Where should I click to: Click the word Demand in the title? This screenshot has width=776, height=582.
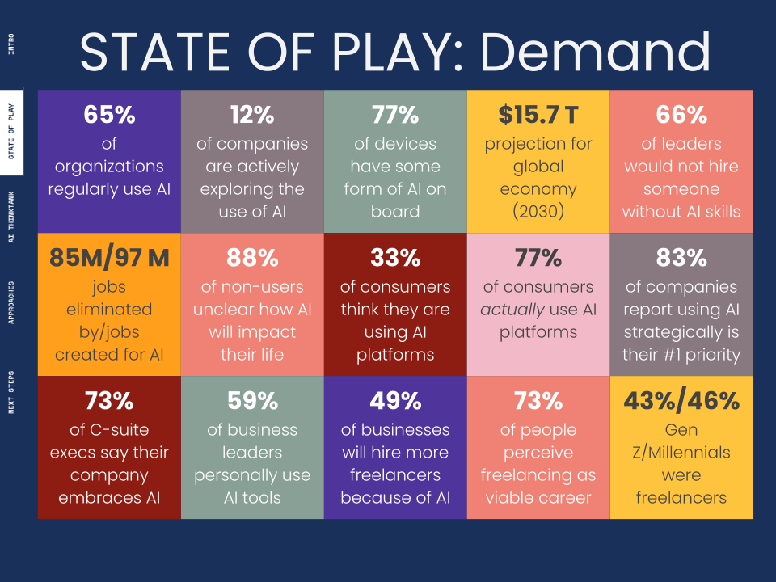coord(595,52)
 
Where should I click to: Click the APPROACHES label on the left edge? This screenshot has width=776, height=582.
coord(11,303)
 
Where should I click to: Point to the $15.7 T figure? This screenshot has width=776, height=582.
coord(538,116)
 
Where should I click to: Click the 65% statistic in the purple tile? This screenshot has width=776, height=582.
coord(109,116)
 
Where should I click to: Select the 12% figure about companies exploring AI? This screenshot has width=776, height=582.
coord(252,116)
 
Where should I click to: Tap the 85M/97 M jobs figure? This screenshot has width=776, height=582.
coord(109,259)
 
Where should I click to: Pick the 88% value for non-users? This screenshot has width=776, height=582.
coord(252,259)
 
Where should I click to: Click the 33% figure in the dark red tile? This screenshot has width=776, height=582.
coord(395,259)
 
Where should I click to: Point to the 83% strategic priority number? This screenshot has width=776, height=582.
coord(681,259)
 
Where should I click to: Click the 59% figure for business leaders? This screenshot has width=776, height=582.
coord(252,402)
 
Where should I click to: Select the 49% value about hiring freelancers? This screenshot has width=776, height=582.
coord(395,402)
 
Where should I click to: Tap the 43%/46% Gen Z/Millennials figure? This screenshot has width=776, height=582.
coord(681,402)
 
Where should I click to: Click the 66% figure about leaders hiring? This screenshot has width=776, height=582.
coord(681,116)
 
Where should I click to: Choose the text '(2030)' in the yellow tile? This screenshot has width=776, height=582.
coord(538,213)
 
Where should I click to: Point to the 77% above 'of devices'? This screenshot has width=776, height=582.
coord(395,116)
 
